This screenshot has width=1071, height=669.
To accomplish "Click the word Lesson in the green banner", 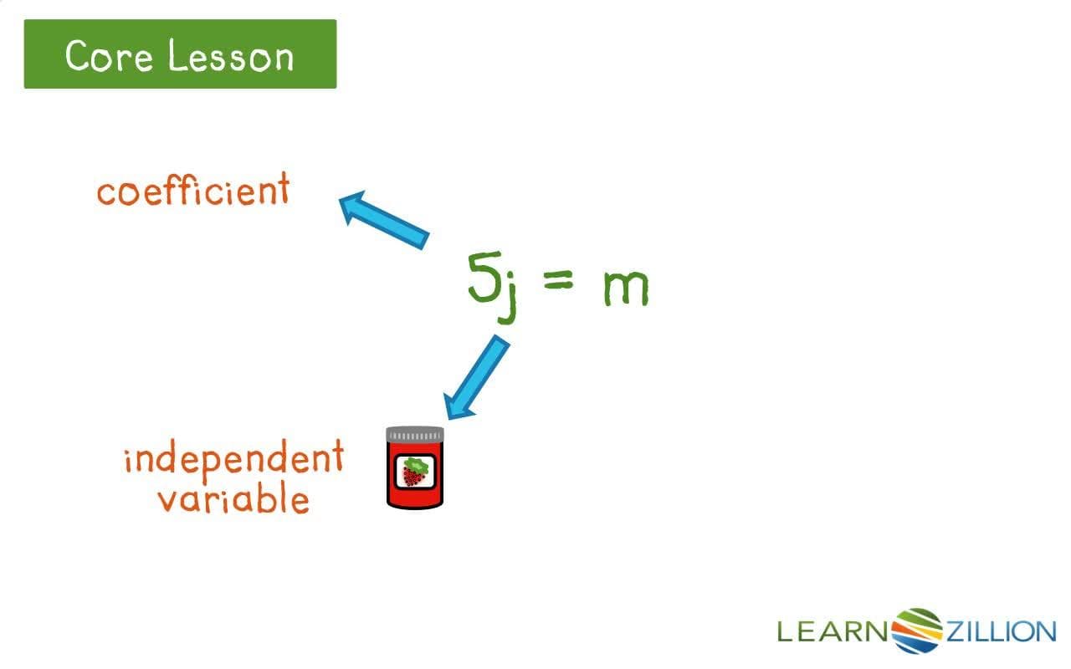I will pyautogui.click(x=231, y=56).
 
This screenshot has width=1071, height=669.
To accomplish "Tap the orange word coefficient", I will pyautogui.click(x=192, y=191).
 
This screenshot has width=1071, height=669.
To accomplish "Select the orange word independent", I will pyautogui.click(x=233, y=459).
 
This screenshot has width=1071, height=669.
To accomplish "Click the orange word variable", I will pyautogui.click(x=233, y=499).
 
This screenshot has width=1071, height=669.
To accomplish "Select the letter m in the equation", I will pyautogui.click(x=625, y=289).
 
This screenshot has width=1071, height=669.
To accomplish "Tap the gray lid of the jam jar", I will pyautogui.click(x=415, y=435).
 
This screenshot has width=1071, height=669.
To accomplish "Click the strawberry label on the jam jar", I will pyautogui.click(x=414, y=472).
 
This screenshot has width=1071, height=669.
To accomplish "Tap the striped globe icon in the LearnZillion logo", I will pyautogui.click(x=918, y=630).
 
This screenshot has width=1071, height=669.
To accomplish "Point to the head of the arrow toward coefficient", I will pyautogui.click(x=355, y=206).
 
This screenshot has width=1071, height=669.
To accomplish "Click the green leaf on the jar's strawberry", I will pyautogui.click(x=413, y=463).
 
